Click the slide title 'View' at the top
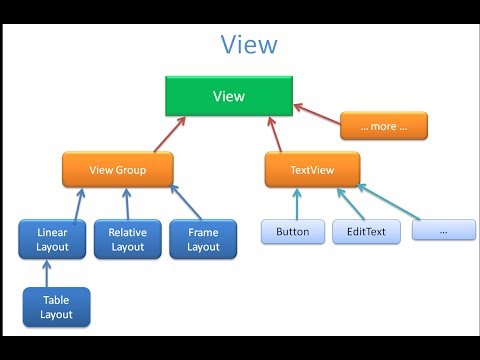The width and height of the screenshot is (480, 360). pyautogui.click(x=249, y=46)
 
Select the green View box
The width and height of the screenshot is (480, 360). pyautogui.click(x=228, y=96)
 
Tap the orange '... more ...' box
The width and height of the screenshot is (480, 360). pyautogui.click(x=383, y=126)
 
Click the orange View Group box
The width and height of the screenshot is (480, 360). pyautogui.click(x=117, y=170)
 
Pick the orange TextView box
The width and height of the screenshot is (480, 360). pyautogui.click(x=312, y=170)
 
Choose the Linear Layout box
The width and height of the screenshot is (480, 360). pyautogui.click(x=52, y=239)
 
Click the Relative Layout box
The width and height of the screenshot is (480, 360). pyautogui.click(x=128, y=239)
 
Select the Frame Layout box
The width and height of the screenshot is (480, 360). pyautogui.click(x=203, y=239)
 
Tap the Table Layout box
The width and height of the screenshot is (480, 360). pyautogui.click(x=56, y=307)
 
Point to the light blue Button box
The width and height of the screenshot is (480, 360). pyautogui.click(x=292, y=232)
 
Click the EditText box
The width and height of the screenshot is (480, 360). pyautogui.click(x=366, y=232)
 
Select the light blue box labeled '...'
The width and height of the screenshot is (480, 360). pyautogui.click(x=443, y=231)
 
